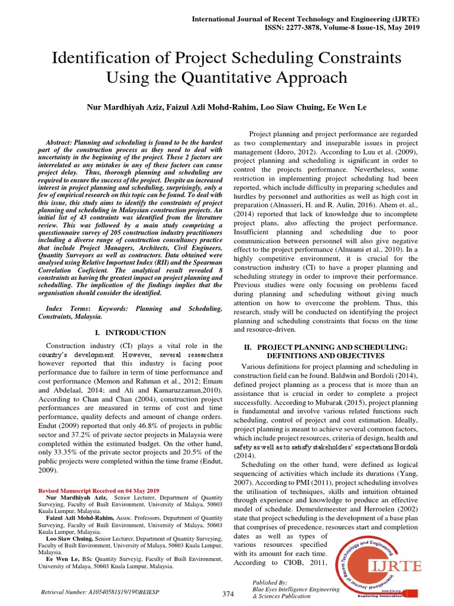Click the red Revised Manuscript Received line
point(99,491)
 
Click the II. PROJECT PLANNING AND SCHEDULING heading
point(326,346)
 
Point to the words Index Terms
point(67,309)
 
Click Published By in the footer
point(270,582)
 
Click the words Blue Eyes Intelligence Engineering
point(296,589)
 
